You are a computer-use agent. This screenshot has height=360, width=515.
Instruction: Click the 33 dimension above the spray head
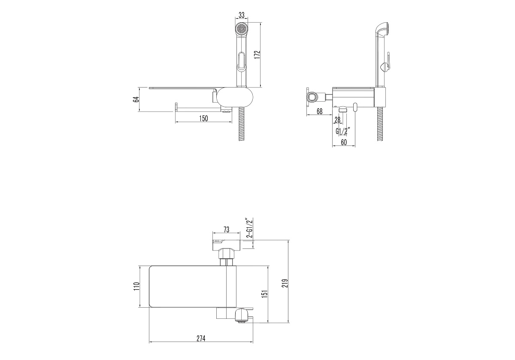tap(241, 15)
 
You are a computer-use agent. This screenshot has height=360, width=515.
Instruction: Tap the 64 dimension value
tap(136, 100)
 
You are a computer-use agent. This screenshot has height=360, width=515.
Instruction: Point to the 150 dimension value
tap(203, 118)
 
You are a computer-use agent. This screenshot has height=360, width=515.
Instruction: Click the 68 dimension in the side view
tap(320, 111)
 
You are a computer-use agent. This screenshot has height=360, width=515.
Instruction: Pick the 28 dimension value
tap(337, 120)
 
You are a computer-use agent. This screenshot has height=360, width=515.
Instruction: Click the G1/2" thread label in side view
tap(342, 131)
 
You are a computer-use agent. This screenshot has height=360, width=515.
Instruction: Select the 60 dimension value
tap(344, 142)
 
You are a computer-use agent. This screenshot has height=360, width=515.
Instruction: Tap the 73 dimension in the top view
tap(227, 230)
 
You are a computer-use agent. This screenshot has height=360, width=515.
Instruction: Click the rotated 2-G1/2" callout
tap(249, 227)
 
